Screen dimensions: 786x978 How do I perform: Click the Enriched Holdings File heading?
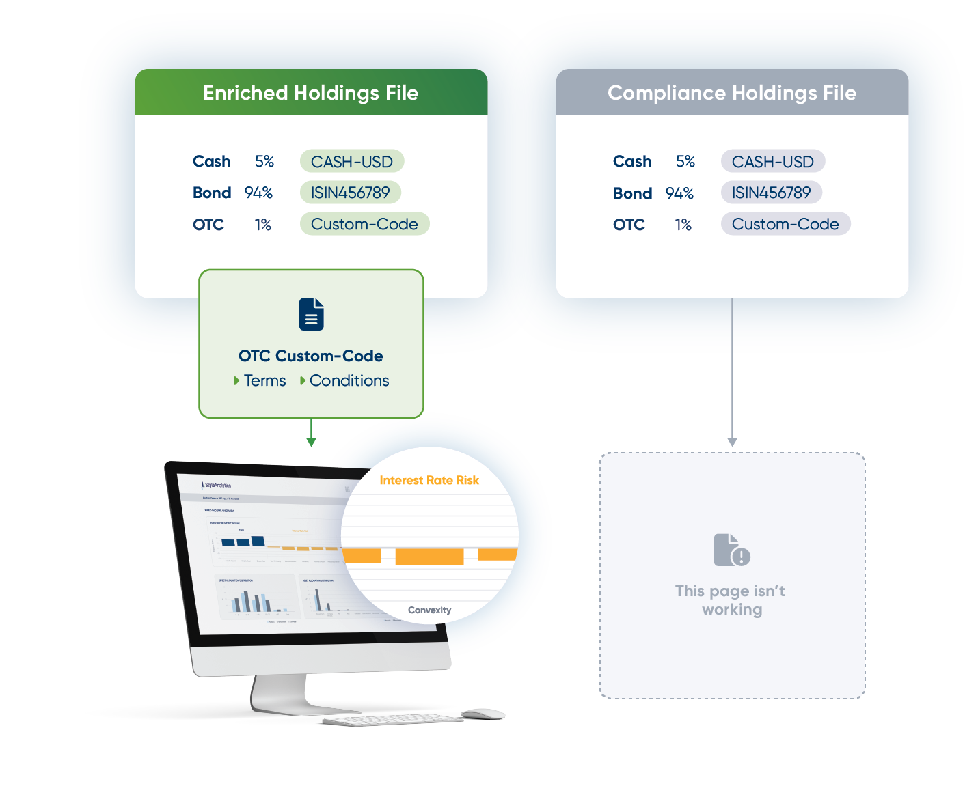310,93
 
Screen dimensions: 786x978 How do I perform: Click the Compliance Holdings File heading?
731,93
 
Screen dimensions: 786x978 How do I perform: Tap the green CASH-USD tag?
351,162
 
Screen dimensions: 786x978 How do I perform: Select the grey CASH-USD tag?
772,162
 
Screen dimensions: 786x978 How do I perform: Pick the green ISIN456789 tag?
350,193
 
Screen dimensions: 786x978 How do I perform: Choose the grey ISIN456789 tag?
771,193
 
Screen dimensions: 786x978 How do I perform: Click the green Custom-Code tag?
364,224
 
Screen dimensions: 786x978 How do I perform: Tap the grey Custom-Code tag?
785,224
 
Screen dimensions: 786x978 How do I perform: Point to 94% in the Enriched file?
258,193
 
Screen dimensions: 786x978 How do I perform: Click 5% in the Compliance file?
685,162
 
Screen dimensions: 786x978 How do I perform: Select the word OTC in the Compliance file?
629,225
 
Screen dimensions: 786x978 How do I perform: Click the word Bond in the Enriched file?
212,193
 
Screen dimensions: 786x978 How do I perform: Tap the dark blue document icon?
312,314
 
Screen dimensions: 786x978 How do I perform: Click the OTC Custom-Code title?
310,356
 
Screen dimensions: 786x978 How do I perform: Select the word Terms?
264,380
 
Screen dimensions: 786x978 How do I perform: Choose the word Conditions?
349,380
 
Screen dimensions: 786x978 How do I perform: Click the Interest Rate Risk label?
429,480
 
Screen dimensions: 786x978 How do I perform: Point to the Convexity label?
429,610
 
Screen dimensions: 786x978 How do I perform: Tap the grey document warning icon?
731,550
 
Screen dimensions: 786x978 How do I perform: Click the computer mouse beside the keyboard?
483,714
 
